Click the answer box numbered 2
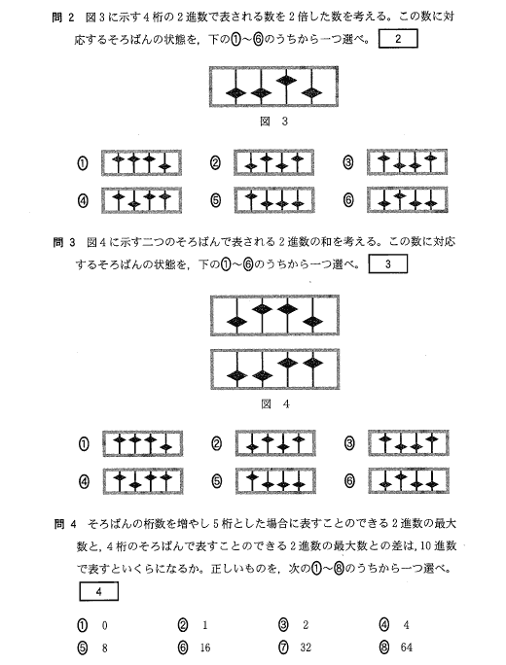(x=398, y=39)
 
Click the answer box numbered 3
(x=388, y=263)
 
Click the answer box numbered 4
(x=98, y=591)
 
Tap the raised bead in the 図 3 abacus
(x=286, y=80)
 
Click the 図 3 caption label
(x=273, y=122)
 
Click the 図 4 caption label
(x=275, y=403)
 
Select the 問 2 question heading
(x=63, y=17)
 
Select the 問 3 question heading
(x=64, y=242)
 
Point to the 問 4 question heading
(x=65, y=524)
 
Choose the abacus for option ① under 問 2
(x=141, y=162)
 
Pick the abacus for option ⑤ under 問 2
(x=274, y=199)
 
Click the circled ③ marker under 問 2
(x=348, y=162)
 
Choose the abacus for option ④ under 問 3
(x=143, y=481)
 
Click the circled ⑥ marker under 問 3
(x=349, y=481)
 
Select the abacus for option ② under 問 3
(x=275, y=443)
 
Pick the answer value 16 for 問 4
(x=205, y=647)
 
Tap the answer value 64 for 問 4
(x=406, y=647)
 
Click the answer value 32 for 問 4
(x=306, y=647)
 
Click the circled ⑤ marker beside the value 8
(x=83, y=647)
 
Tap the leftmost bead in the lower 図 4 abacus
(x=236, y=375)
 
